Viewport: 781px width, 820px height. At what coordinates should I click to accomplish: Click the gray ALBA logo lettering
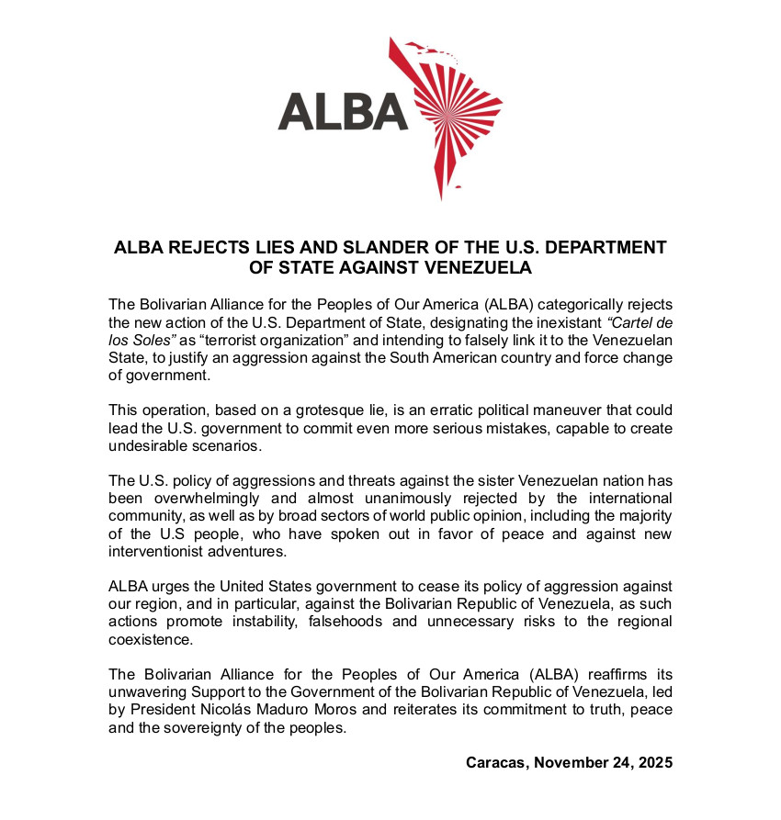tap(343, 111)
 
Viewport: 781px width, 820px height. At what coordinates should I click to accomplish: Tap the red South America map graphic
tap(450, 115)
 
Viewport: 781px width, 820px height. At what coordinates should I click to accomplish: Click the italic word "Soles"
tap(155, 340)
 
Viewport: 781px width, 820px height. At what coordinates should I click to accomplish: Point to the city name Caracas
tap(497, 763)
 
